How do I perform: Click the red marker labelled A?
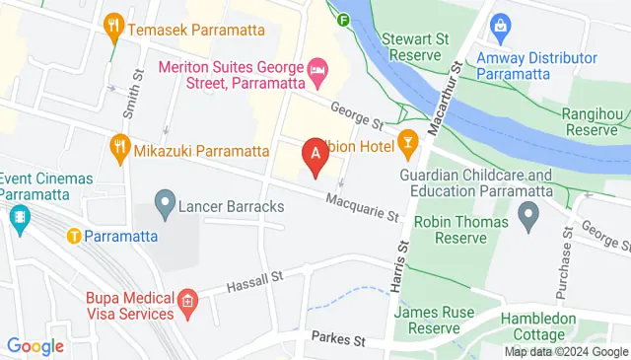pyautogui.click(x=315, y=155)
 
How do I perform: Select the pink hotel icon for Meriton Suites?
pyautogui.click(x=317, y=70)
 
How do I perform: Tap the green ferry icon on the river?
pyautogui.click(x=343, y=19)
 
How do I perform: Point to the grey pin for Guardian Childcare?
pyautogui.click(x=528, y=212)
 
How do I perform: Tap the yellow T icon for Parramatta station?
pyautogui.click(x=73, y=236)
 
